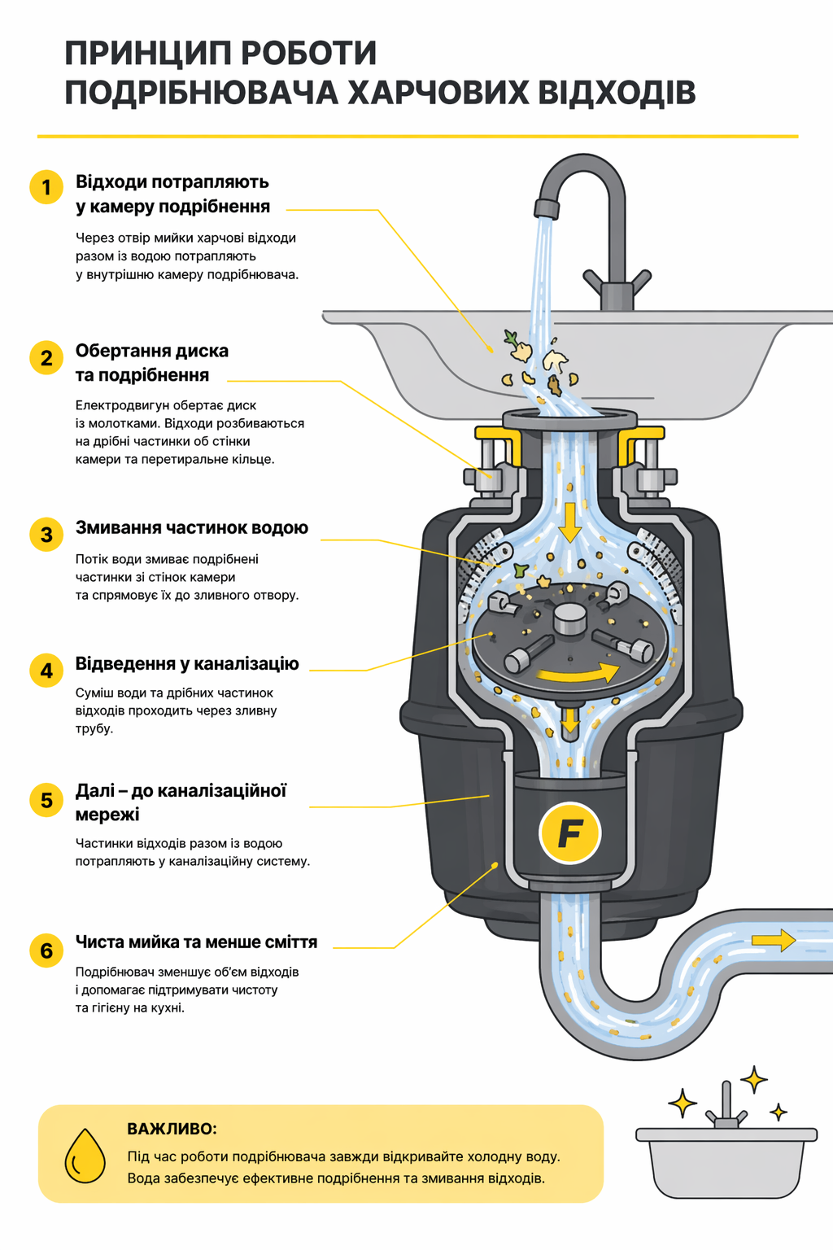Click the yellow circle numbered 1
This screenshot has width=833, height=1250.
pyautogui.click(x=46, y=187)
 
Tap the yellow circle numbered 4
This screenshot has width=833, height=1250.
pyautogui.click(x=46, y=671)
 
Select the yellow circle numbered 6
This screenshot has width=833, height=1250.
pyautogui.click(x=46, y=951)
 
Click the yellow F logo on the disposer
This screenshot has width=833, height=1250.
pyautogui.click(x=569, y=833)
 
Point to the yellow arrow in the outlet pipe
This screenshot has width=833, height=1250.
pyautogui.click(x=773, y=941)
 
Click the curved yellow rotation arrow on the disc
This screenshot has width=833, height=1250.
pyautogui.click(x=578, y=673)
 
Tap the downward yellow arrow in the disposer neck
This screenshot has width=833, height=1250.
pyautogui.click(x=569, y=521)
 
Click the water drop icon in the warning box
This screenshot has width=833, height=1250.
pyautogui.click(x=85, y=1155)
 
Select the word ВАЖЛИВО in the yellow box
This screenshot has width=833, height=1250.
pyautogui.click(x=172, y=1129)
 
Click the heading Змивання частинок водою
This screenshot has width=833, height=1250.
pyautogui.click(x=192, y=527)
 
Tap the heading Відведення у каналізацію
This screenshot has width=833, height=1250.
pyautogui.click(x=187, y=663)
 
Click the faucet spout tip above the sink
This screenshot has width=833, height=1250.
pyautogui.click(x=545, y=209)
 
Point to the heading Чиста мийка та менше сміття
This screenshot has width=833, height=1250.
pyautogui.click(x=196, y=942)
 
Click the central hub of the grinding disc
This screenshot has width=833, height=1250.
pyautogui.click(x=569, y=618)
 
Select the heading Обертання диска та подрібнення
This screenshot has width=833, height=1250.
pyautogui.click(x=152, y=363)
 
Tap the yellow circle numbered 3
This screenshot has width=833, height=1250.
pyautogui.click(x=46, y=535)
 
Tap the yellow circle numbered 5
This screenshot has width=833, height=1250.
pyautogui.click(x=46, y=800)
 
